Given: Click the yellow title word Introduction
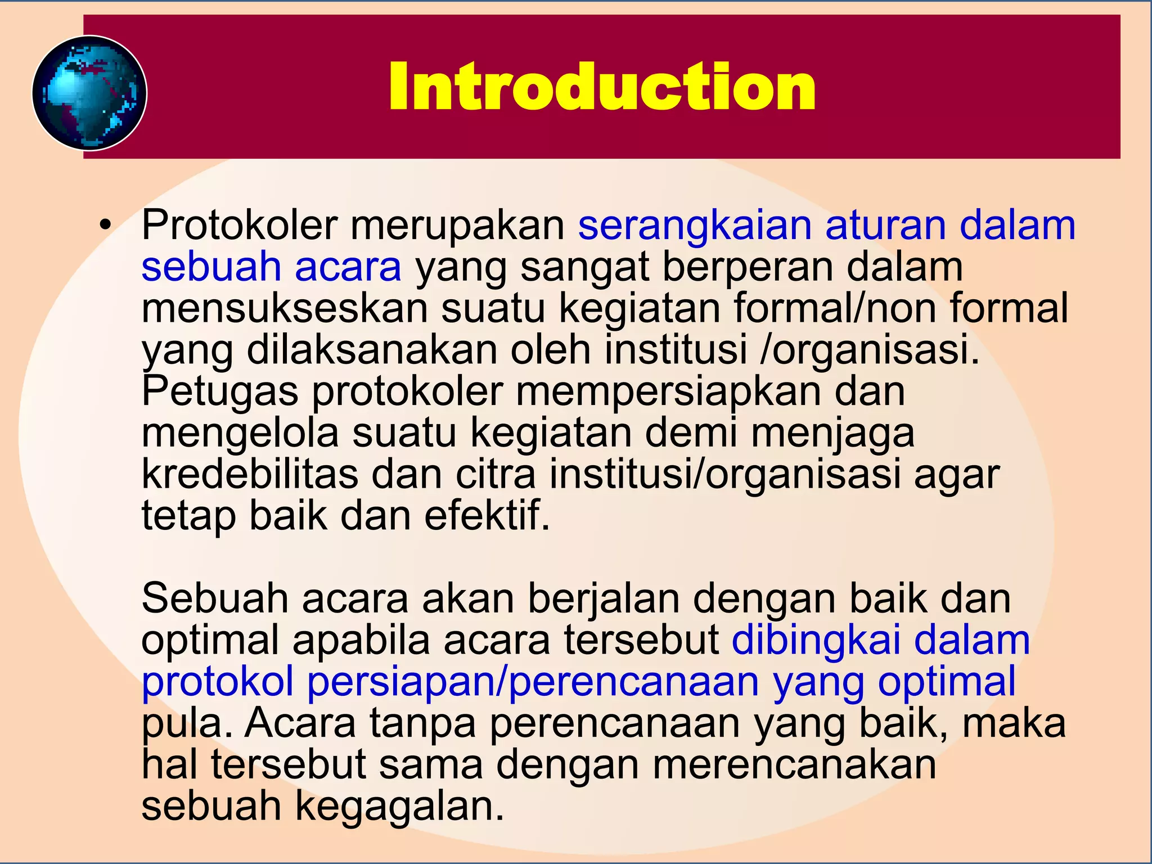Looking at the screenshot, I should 601,87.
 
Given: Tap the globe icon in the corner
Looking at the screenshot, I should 89,93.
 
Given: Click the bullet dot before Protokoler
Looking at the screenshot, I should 103,226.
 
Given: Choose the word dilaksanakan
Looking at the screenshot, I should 372,350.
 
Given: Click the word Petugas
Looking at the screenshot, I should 219,391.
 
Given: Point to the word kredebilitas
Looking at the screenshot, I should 250,474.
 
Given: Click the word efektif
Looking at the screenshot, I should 487,516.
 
